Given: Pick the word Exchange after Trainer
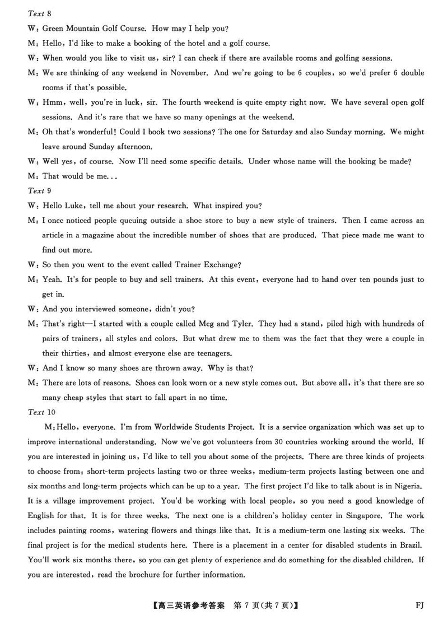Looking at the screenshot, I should click(222, 264).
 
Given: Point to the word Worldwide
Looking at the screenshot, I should click(178, 427).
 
